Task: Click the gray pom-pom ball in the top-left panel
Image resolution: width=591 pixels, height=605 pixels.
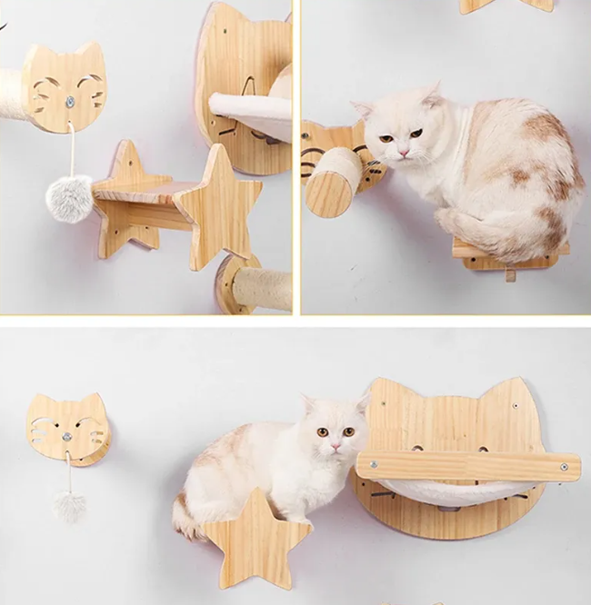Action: [x=69, y=198]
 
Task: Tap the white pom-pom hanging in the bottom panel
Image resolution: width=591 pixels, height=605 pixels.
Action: [x=68, y=505]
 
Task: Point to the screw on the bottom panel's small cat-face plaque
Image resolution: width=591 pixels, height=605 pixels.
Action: [x=66, y=438]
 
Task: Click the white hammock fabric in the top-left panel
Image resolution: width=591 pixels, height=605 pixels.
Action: [x=255, y=113]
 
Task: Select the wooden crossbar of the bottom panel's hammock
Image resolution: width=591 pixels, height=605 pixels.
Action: [x=468, y=466]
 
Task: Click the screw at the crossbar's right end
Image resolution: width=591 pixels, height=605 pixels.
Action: [x=564, y=467]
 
